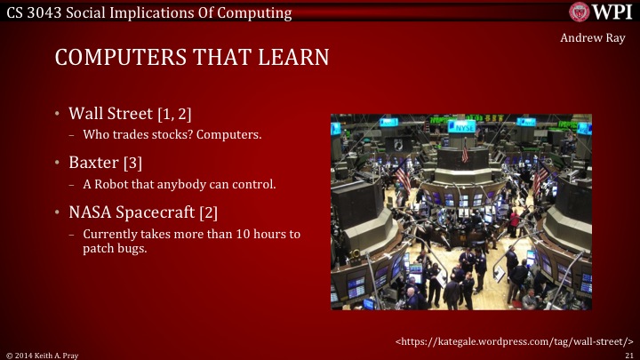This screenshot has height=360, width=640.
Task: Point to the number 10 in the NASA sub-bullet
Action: coord(242,234)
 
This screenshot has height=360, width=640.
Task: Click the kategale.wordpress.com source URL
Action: coord(514,340)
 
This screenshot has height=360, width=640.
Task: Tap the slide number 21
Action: coord(628,354)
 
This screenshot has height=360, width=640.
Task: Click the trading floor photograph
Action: coord(460,212)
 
